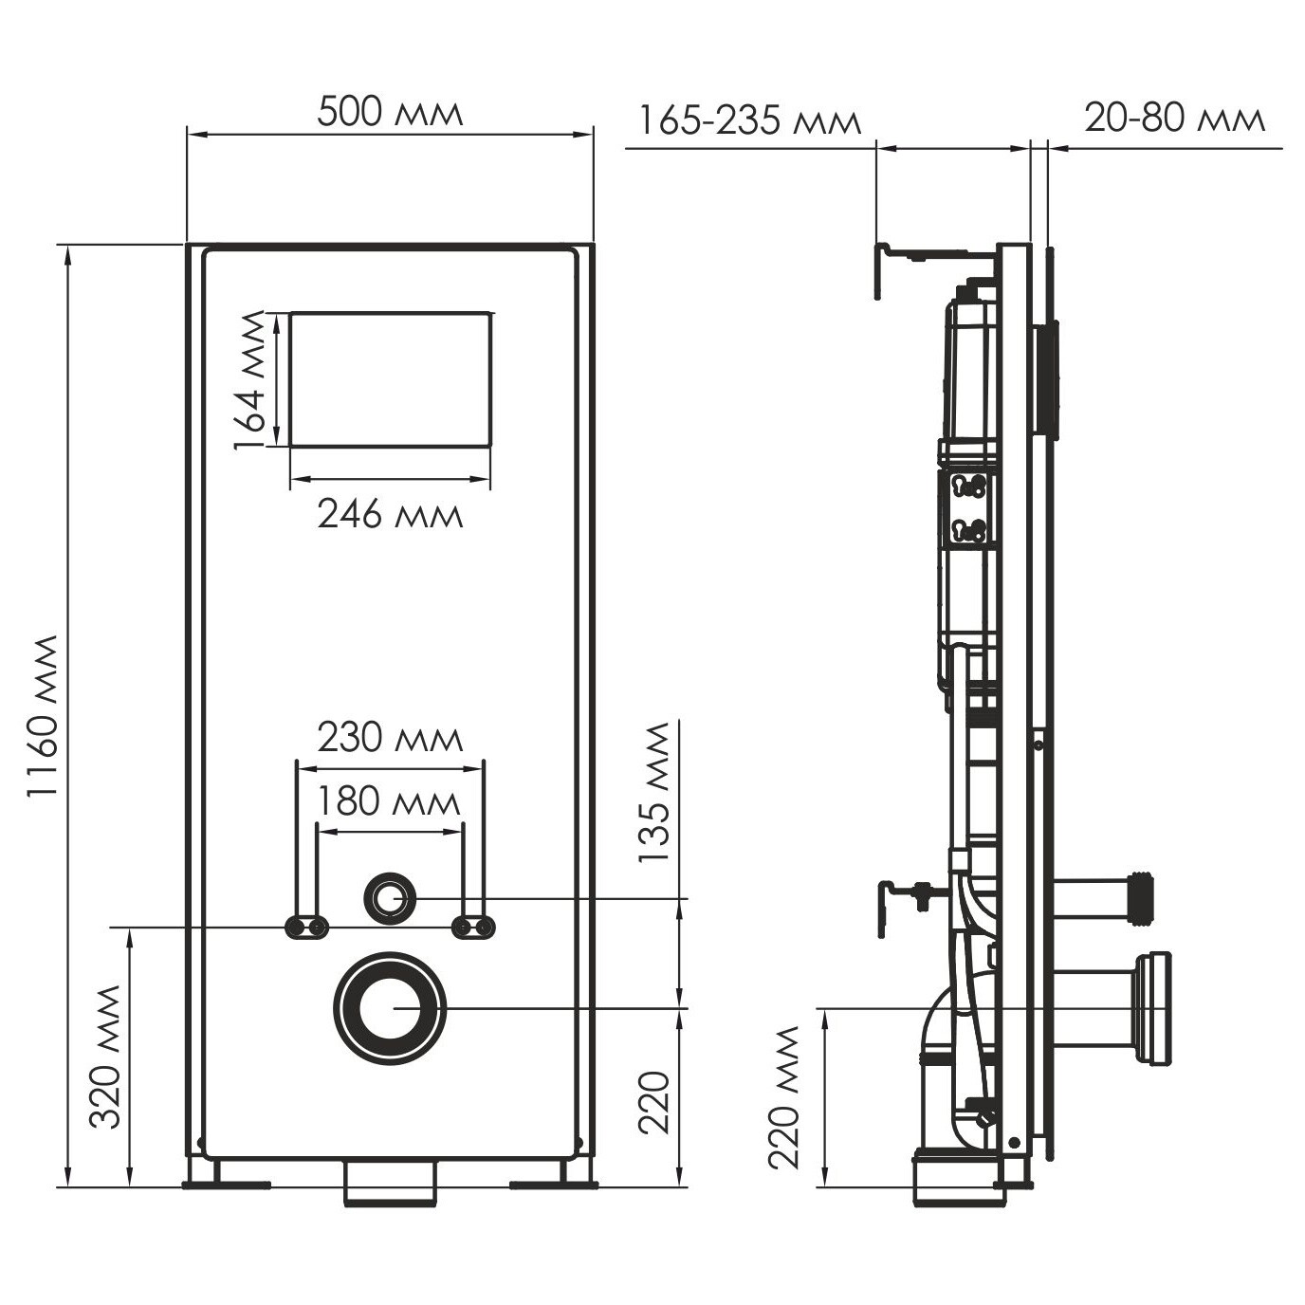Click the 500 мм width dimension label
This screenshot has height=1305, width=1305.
390,112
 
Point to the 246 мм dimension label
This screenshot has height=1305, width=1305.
390,515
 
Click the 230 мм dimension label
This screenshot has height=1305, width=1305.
390,738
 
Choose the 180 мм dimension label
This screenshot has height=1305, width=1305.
389,802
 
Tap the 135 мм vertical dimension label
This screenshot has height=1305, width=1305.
653,792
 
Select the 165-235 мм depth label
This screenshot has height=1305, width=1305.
750,123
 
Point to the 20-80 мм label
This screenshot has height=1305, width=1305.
1175,118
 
